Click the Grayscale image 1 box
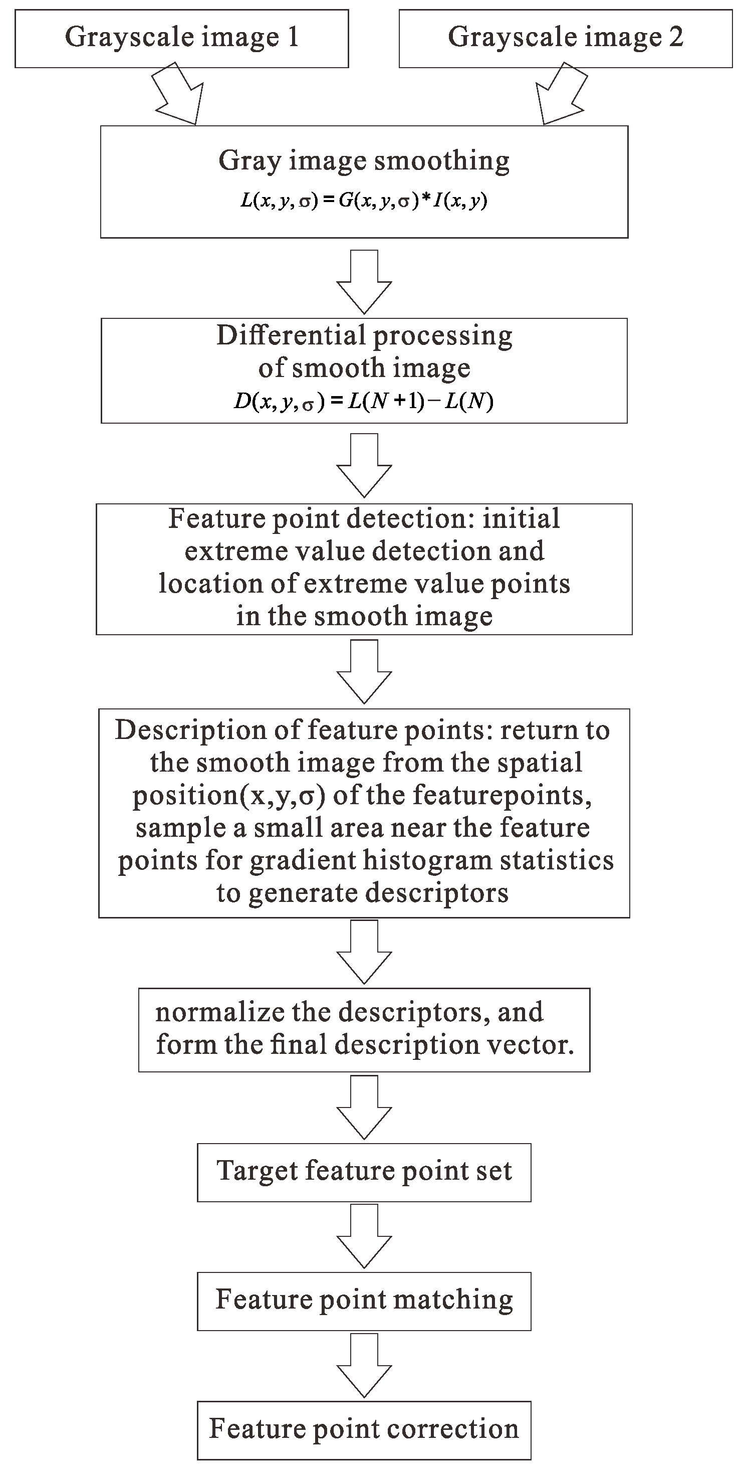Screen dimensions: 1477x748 pyautogui.click(x=181, y=39)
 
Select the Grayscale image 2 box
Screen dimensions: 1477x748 pyautogui.click(x=565, y=39)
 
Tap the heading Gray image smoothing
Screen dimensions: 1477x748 pyautogui.click(x=364, y=161)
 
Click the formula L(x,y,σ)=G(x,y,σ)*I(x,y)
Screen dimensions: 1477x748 pyautogui.click(x=364, y=201)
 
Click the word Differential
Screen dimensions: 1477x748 pyautogui.click(x=291, y=335)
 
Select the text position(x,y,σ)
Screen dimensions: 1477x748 pyautogui.click(x=229, y=796)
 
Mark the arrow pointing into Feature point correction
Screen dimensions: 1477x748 pyautogui.click(x=364, y=1365)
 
